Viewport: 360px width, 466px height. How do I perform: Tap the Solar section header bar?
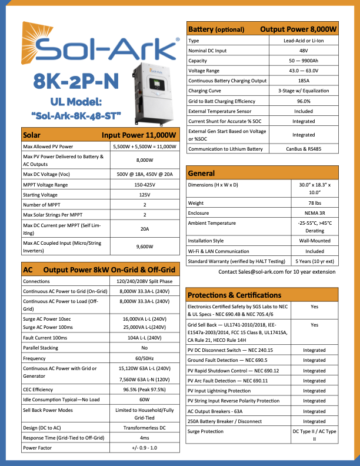(x=98, y=135)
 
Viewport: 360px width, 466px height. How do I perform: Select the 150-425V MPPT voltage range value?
(x=145, y=185)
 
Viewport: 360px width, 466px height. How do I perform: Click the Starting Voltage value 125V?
(x=145, y=194)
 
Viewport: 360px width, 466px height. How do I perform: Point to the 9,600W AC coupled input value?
(x=145, y=247)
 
